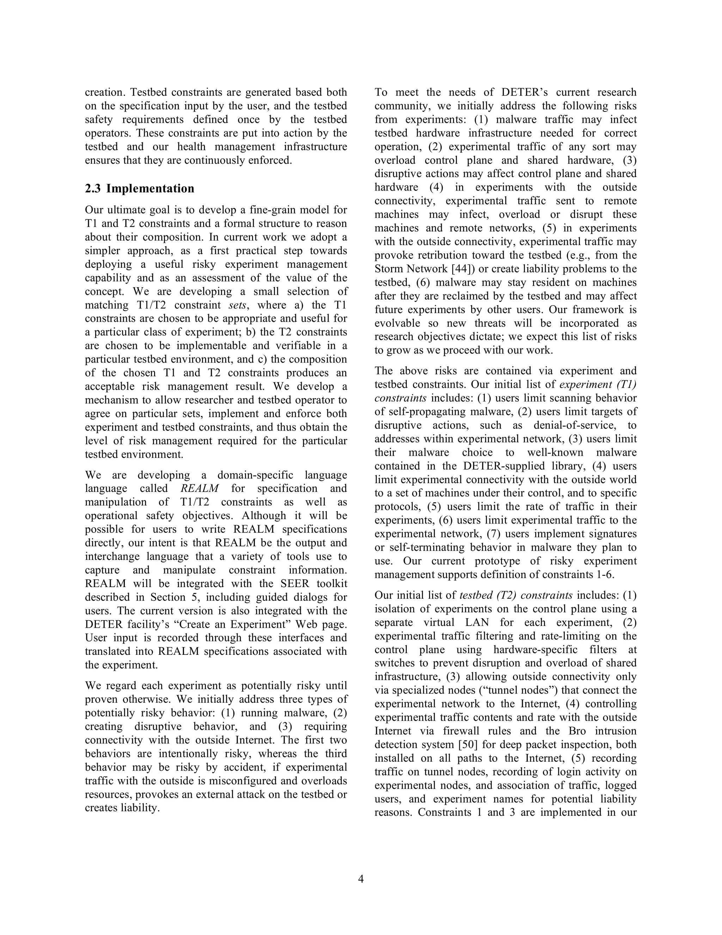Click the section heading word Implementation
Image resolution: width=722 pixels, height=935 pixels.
point(150,188)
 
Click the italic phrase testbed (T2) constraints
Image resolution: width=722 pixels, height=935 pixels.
point(516,595)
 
